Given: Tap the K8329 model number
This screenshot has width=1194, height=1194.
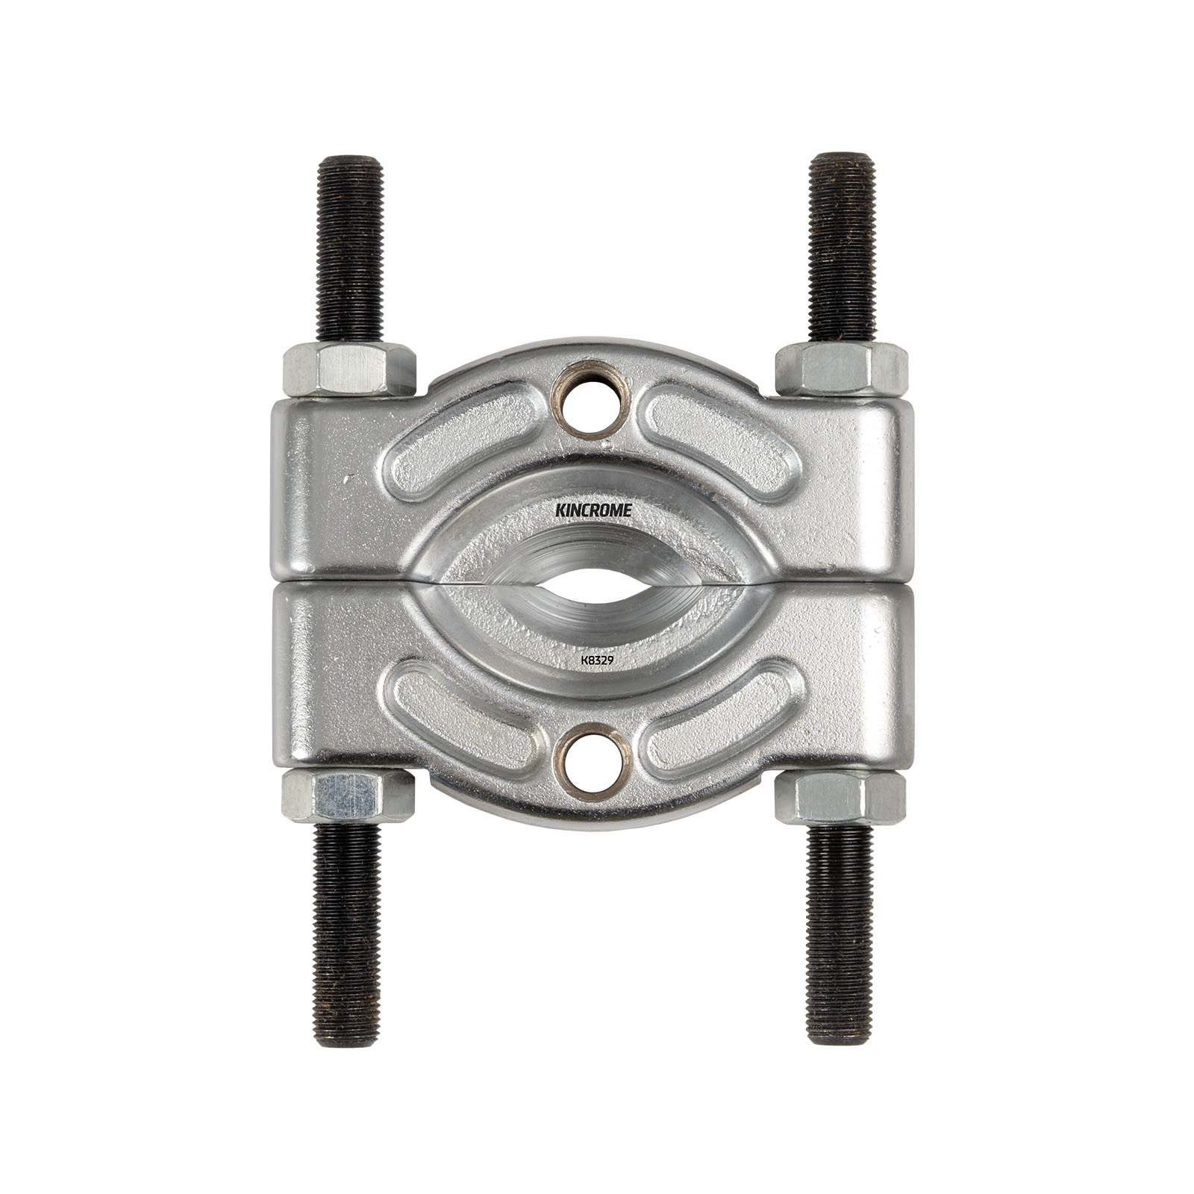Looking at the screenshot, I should coord(596,660).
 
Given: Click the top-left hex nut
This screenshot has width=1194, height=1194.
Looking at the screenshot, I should coord(349,371).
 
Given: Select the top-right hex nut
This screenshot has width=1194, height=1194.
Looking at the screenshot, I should coord(841,371).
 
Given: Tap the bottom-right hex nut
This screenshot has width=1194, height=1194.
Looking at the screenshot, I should coord(841,796).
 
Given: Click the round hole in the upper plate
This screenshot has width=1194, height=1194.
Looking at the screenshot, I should coord(596,410).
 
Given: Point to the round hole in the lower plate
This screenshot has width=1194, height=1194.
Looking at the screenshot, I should coord(596,761).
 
